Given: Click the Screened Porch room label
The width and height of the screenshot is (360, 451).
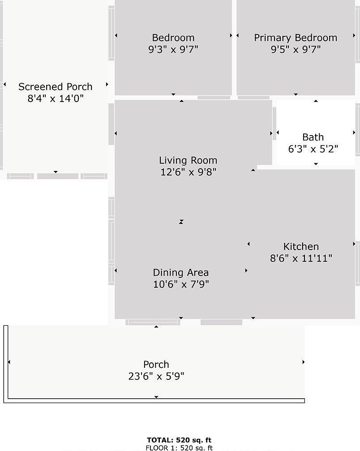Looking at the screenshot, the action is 55,87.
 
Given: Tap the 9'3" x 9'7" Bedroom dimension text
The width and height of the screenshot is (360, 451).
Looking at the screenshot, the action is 173,50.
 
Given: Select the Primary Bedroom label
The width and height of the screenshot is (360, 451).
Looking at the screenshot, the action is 296,38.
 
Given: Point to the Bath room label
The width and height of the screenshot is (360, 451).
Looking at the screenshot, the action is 313,137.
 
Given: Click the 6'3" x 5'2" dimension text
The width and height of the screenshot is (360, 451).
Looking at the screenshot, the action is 313,149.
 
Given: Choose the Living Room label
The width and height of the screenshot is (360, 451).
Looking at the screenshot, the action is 188,161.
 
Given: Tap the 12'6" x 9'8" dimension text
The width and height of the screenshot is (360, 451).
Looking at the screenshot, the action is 188,172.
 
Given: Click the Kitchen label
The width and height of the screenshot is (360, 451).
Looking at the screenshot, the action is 301,247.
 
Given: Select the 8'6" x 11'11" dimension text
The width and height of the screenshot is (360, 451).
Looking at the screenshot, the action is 301,258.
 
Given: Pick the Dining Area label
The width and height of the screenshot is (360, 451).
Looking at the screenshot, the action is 181,272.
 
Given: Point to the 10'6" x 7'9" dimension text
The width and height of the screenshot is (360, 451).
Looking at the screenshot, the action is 181,284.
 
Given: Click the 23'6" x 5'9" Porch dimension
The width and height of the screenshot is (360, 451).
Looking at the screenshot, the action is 156,376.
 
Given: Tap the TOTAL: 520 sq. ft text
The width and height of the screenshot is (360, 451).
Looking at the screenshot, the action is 179,440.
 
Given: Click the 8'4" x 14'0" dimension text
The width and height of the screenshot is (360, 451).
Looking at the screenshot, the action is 55,98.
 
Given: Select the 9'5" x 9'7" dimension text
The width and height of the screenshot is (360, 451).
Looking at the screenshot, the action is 296,50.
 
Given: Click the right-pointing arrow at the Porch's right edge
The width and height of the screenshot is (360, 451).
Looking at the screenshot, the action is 303,362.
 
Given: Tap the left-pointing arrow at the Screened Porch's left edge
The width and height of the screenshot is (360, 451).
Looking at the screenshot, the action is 4,84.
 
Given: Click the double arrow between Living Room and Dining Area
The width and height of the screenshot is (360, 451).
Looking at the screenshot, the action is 181,222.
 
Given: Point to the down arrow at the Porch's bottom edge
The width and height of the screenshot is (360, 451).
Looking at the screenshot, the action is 156,397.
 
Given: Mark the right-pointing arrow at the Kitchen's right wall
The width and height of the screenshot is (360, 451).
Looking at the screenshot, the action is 354,243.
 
